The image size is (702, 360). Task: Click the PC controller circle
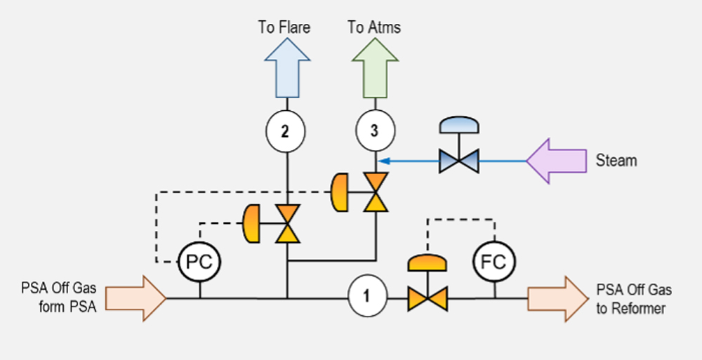pos(199,262)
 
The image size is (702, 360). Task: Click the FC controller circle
pos(494,262)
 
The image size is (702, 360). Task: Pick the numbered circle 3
pos(375,131)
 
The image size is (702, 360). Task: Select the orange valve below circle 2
pos(286,223)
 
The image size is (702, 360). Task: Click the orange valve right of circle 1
pos(428,298)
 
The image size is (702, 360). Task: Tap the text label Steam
pos(616,161)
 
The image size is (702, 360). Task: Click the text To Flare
pos(284,27)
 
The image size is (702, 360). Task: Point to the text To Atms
pos(374,27)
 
